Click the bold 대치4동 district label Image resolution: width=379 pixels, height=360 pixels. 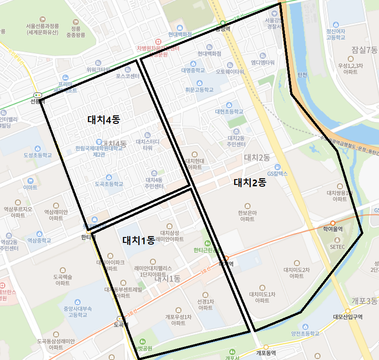pyautogui.click(x=104, y=120)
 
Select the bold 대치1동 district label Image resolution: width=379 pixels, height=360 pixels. pyautogui.click(x=139, y=241)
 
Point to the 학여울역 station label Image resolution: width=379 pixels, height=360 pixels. pyautogui.click(x=333, y=229)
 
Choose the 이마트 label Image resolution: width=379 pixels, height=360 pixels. pyautogui.click(x=30, y=187)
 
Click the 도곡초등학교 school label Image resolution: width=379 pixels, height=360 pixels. pyautogui.click(x=109, y=184)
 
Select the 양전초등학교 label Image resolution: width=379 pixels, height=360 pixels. pyautogui.click(x=305, y=334)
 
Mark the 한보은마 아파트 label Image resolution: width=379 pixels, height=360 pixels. pyautogui.click(x=247, y=216)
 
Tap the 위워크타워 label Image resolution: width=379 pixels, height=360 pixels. pyautogui.click(x=98, y=70)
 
